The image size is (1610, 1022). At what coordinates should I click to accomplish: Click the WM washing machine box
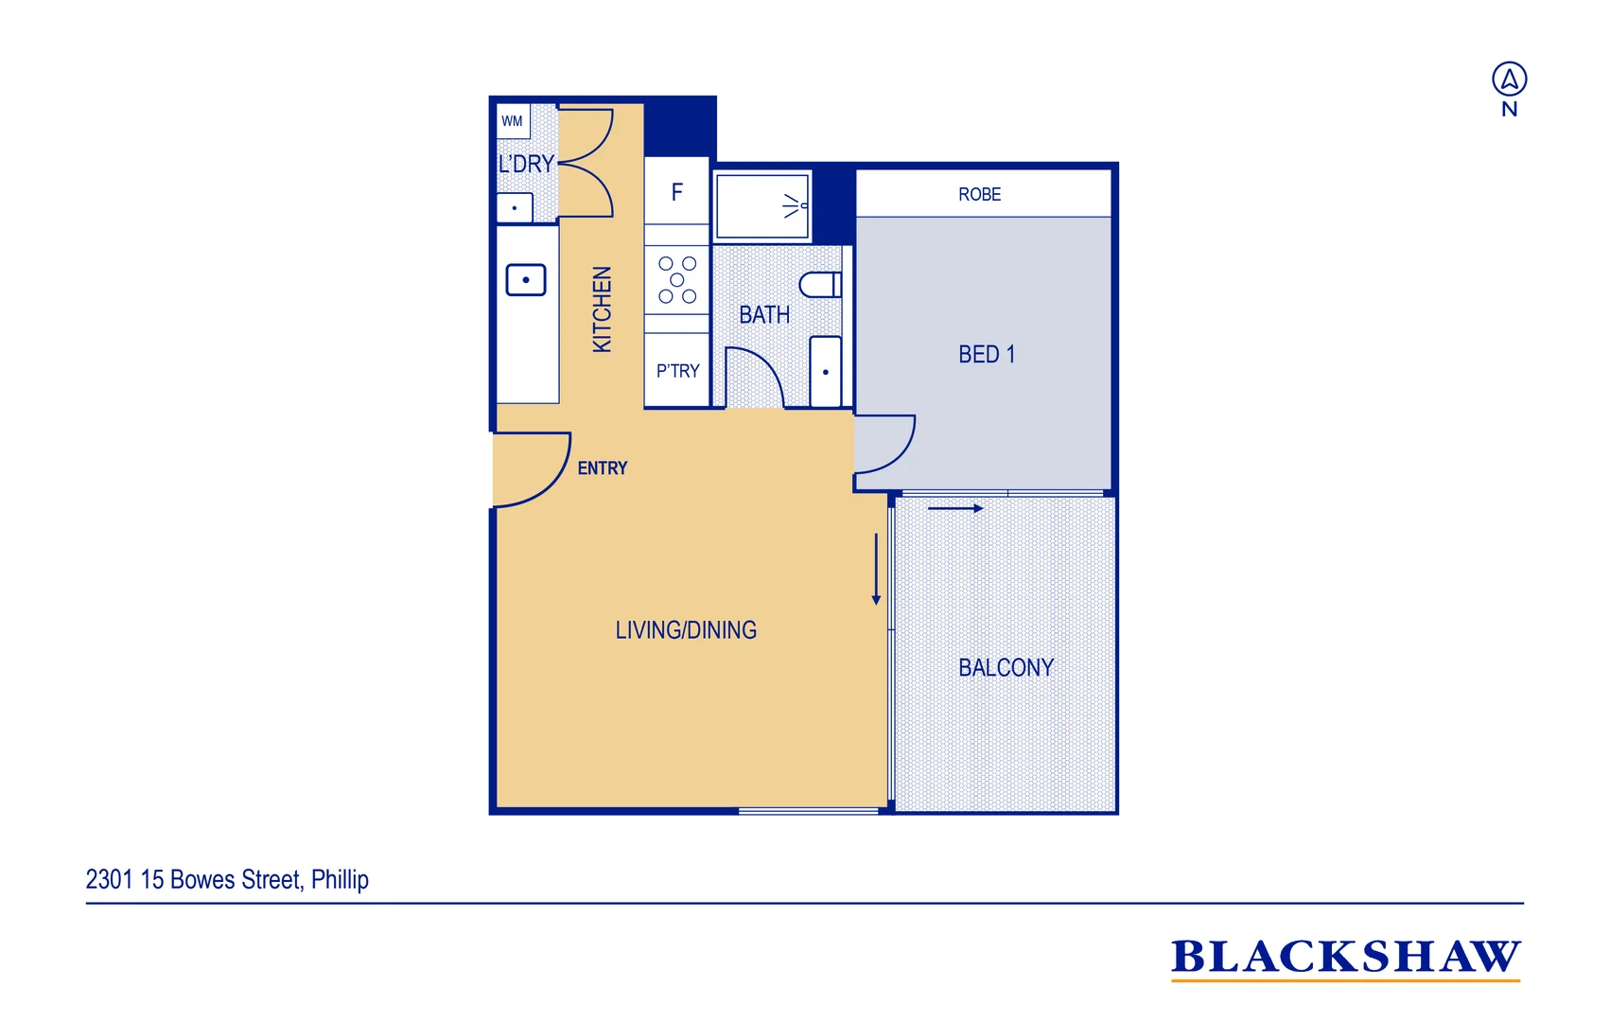click(x=513, y=121)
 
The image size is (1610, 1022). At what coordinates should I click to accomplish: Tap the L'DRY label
click(x=526, y=164)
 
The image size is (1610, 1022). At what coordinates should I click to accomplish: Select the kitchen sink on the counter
click(x=526, y=280)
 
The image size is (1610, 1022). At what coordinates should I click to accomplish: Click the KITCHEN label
click(x=602, y=309)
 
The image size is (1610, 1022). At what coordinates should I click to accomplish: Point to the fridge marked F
click(x=676, y=192)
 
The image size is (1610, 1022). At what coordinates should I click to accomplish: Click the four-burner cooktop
click(x=677, y=279)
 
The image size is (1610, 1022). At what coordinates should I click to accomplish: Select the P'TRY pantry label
click(x=677, y=371)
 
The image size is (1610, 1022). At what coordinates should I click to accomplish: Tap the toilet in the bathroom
click(x=820, y=284)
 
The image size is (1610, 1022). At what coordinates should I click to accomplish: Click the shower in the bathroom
click(x=762, y=205)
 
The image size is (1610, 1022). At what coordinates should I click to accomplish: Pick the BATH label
click(x=764, y=314)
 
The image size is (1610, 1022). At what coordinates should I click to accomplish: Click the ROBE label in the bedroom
click(x=979, y=194)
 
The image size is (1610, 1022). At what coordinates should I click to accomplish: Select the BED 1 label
click(x=986, y=354)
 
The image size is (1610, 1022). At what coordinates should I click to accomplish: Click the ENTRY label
click(x=603, y=468)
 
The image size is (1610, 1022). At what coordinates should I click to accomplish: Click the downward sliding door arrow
click(x=876, y=568)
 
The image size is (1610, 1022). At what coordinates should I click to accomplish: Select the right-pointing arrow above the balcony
click(x=955, y=508)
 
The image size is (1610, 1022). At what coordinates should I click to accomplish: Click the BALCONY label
click(x=1006, y=667)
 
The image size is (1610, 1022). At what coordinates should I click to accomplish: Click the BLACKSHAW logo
click(x=1345, y=957)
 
